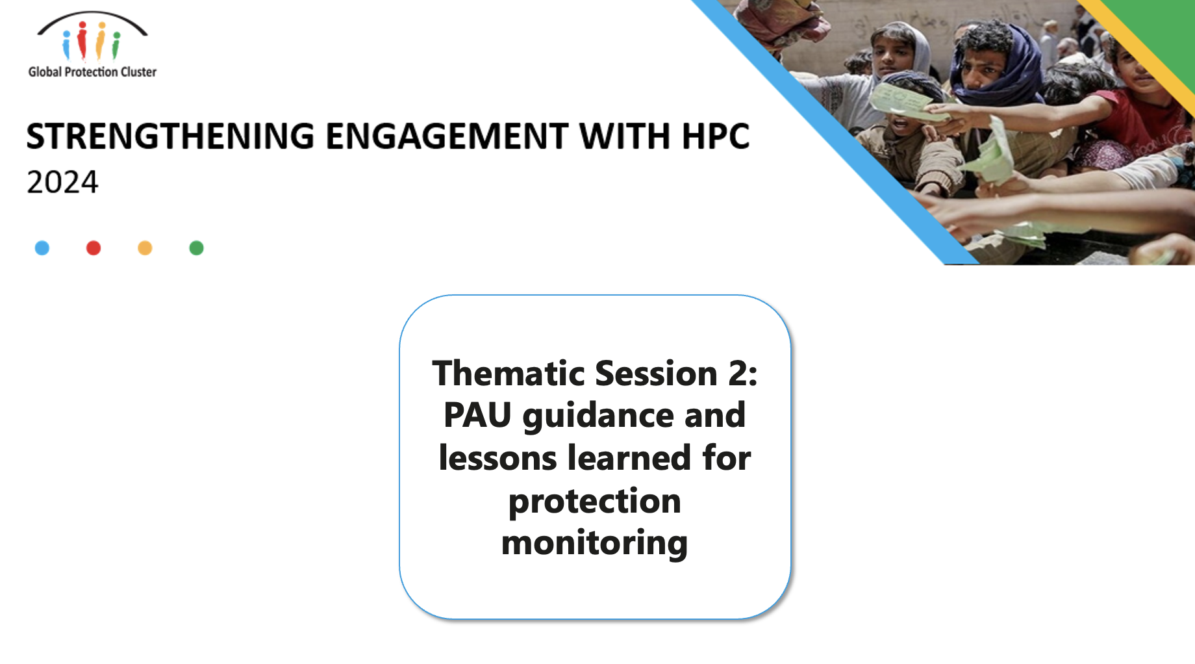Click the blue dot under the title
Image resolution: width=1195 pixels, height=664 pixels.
42,248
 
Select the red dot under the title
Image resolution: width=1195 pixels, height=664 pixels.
94,248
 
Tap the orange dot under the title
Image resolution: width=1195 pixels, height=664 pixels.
145,248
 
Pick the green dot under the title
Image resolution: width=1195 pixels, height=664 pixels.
196,248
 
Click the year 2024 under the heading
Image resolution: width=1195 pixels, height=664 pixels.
62,182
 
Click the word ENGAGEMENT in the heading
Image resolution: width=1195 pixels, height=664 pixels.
447,136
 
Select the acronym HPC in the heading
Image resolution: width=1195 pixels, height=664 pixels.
715,136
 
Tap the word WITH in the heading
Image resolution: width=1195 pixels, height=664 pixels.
625,136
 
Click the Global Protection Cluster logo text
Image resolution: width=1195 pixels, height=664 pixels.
92,72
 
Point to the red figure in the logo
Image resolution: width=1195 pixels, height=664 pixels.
82,40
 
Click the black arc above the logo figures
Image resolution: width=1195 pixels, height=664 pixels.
92,14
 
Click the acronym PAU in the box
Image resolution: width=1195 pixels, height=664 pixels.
477,415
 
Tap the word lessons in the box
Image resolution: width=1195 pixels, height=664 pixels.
497,457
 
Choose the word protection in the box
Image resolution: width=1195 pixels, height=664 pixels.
595,501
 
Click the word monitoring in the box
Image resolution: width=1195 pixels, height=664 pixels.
595,543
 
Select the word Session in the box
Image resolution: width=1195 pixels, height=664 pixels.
657,373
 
